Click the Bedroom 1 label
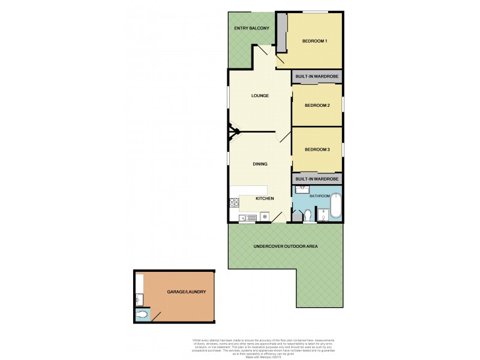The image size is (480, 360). (x=314, y=41)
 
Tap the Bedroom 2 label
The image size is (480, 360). (x=317, y=105)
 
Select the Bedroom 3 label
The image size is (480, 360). (x=317, y=149)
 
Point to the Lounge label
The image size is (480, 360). (x=260, y=96)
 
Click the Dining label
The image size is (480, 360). (x=260, y=164)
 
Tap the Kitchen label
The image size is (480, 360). (x=265, y=199)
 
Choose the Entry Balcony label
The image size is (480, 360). (x=252, y=28)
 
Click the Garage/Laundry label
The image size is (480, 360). (x=187, y=292)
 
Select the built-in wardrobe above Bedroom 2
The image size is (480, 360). (x=317, y=77)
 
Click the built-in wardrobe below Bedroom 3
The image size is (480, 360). (x=317, y=179)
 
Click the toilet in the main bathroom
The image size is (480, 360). (x=307, y=215)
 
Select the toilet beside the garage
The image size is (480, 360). (x=143, y=314)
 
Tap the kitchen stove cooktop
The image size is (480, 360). (x=264, y=217)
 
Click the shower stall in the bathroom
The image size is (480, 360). (x=323, y=214)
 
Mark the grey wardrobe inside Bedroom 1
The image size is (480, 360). (x=281, y=34)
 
